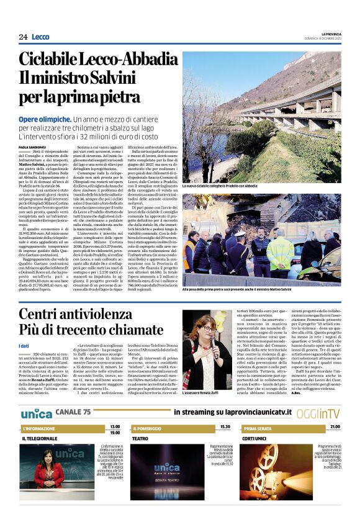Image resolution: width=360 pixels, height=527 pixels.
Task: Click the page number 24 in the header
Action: pyautogui.click(x=23, y=37)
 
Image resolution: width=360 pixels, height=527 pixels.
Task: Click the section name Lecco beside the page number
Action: pyautogui.click(x=40, y=37)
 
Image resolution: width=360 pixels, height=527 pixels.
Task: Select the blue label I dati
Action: pyautogui.click(x=24, y=346)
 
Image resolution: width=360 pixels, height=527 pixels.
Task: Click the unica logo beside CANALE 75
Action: pyautogui.click(x=37, y=412)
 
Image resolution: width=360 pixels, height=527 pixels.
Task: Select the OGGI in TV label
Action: pyautogui.click(x=317, y=413)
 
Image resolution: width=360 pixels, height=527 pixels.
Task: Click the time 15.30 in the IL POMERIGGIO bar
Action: pyautogui.click(x=225, y=427)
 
